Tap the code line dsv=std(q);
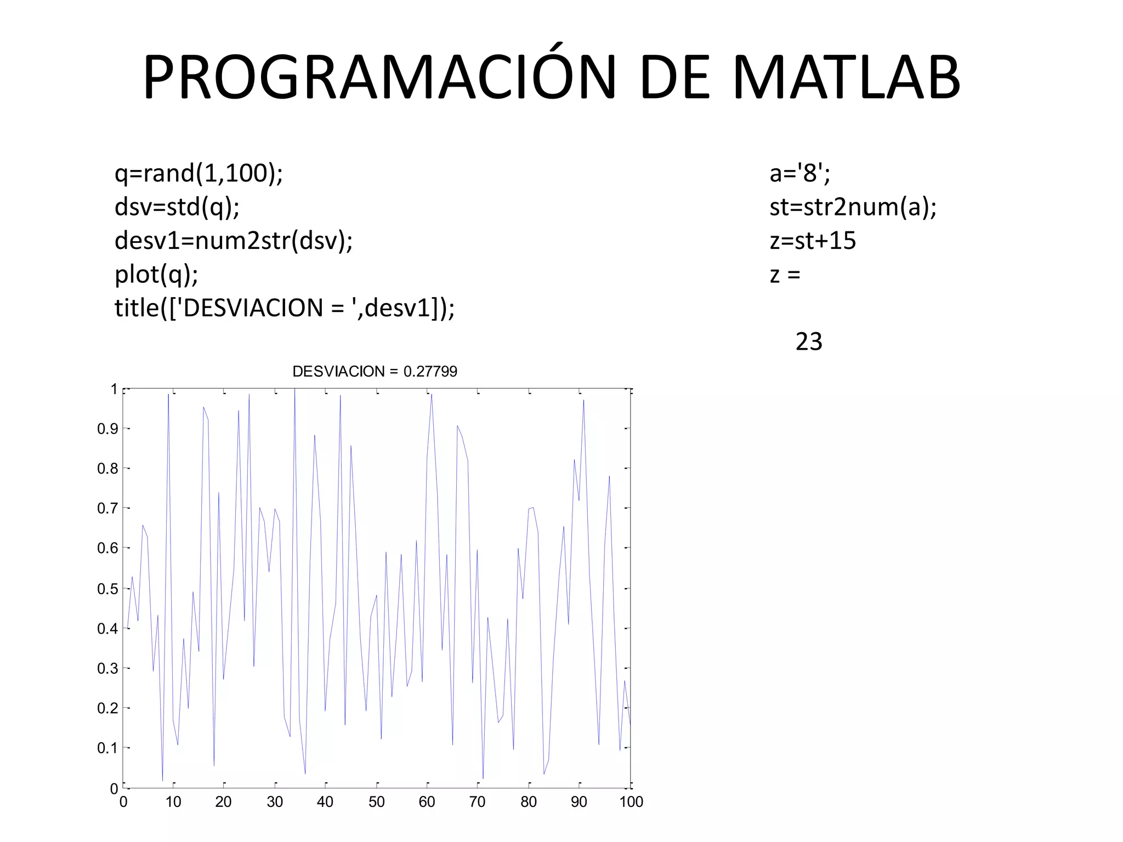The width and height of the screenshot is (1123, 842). [x=177, y=207]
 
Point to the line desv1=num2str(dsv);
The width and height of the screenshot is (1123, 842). [x=234, y=241]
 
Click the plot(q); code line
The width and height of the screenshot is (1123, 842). [x=156, y=274]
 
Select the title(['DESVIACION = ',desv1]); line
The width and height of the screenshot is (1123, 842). [x=285, y=308]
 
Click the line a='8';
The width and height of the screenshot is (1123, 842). [x=799, y=173]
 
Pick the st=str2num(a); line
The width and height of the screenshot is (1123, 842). [x=853, y=207]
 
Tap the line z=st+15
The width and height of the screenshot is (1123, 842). [x=813, y=241]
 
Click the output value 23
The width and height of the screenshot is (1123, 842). [x=809, y=342]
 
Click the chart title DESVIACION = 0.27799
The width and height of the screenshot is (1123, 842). [x=375, y=372]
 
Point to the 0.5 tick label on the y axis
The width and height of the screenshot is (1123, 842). [x=107, y=589]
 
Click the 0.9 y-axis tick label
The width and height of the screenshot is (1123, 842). [x=107, y=429]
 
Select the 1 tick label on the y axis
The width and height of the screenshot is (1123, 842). [x=114, y=389]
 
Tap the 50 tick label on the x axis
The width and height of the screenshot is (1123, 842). [x=376, y=802]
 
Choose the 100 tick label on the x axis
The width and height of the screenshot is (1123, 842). [x=631, y=802]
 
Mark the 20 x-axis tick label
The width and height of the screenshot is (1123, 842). [x=223, y=802]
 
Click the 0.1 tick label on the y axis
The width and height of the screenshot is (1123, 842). [x=107, y=748]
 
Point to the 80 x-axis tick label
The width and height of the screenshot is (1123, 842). [x=529, y=802]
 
